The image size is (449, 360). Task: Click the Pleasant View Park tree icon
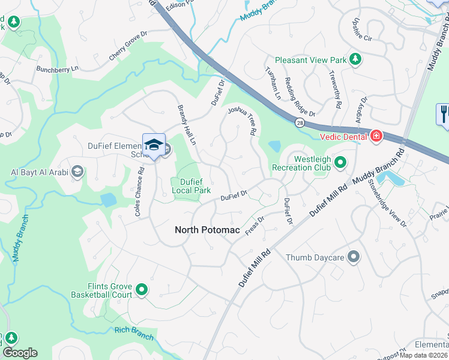click(355, 59)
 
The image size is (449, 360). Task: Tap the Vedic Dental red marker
click(376, 136)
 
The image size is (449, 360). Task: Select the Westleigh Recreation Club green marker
click(340, 162)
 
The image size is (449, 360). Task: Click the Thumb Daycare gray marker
click(354, 257)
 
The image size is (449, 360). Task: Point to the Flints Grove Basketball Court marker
click(142, 290)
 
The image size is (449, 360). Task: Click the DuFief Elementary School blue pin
click(154, 146)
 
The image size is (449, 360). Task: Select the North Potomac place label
click(207, 230)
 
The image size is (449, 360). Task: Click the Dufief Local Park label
click(191, 186)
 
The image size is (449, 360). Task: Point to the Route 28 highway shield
click(298, 122)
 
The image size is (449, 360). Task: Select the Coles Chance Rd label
click(140, 191)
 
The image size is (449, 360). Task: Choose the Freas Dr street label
click(255, 227)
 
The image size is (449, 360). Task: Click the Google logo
click(20, 353)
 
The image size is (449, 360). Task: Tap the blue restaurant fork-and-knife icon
click(444, 113)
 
